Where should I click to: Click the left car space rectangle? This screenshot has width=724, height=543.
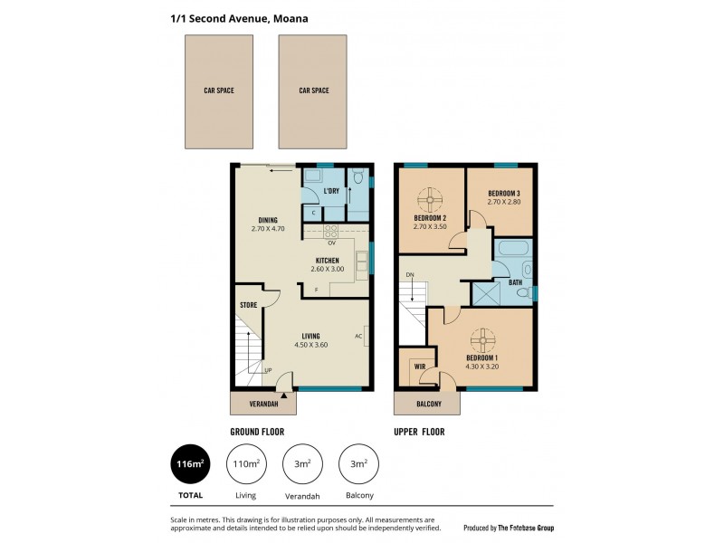[x=218, y=90]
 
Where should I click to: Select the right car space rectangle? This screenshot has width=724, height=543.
[x=313, y=90]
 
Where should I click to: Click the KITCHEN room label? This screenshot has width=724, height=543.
[x=328, y=261]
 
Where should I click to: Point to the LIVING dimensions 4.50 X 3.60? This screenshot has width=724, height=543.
[x=310, y=345]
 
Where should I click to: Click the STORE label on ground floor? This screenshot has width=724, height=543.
[x=249, y=306]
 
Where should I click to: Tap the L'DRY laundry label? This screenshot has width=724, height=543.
[x=331, y=191]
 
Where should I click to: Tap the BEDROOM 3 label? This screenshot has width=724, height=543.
[x=503, y=194]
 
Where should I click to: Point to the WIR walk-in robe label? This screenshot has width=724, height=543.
[x=420, y=367]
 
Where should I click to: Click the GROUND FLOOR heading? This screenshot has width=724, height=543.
[x=259, y=432]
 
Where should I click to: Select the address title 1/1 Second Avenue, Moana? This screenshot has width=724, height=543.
[x=233, y=16]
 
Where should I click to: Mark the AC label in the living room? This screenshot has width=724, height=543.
[x=358, y=336]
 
